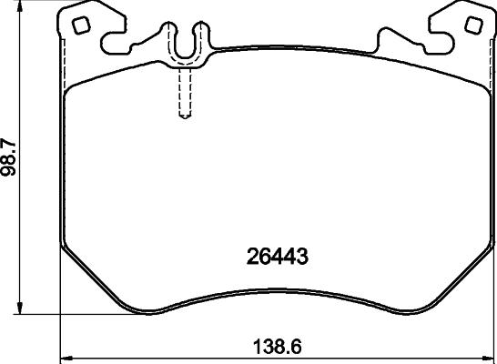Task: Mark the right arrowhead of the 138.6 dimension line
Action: pos(492,356)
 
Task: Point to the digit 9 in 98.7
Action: pos(11,177)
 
